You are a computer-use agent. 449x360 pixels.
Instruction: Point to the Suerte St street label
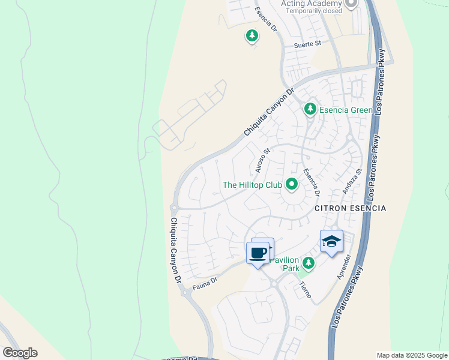(307, 44)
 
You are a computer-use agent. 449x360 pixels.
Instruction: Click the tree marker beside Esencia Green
(310, 109)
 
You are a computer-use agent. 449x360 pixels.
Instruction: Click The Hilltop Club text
(252, 185)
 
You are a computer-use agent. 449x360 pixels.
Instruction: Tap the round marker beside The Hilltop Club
(292, 184)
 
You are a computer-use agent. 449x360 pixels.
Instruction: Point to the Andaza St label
(352, 181)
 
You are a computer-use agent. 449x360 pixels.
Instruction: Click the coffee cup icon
(258, 253)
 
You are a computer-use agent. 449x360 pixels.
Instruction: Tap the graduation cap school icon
(331, 241)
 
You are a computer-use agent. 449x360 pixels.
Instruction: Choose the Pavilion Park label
(283, 265)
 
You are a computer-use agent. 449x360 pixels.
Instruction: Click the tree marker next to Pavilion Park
(309, 263)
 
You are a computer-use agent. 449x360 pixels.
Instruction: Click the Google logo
(20, 353)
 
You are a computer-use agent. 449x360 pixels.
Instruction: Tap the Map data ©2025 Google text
(411, 355)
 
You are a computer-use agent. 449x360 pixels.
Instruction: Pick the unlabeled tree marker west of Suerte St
(252, 37)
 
